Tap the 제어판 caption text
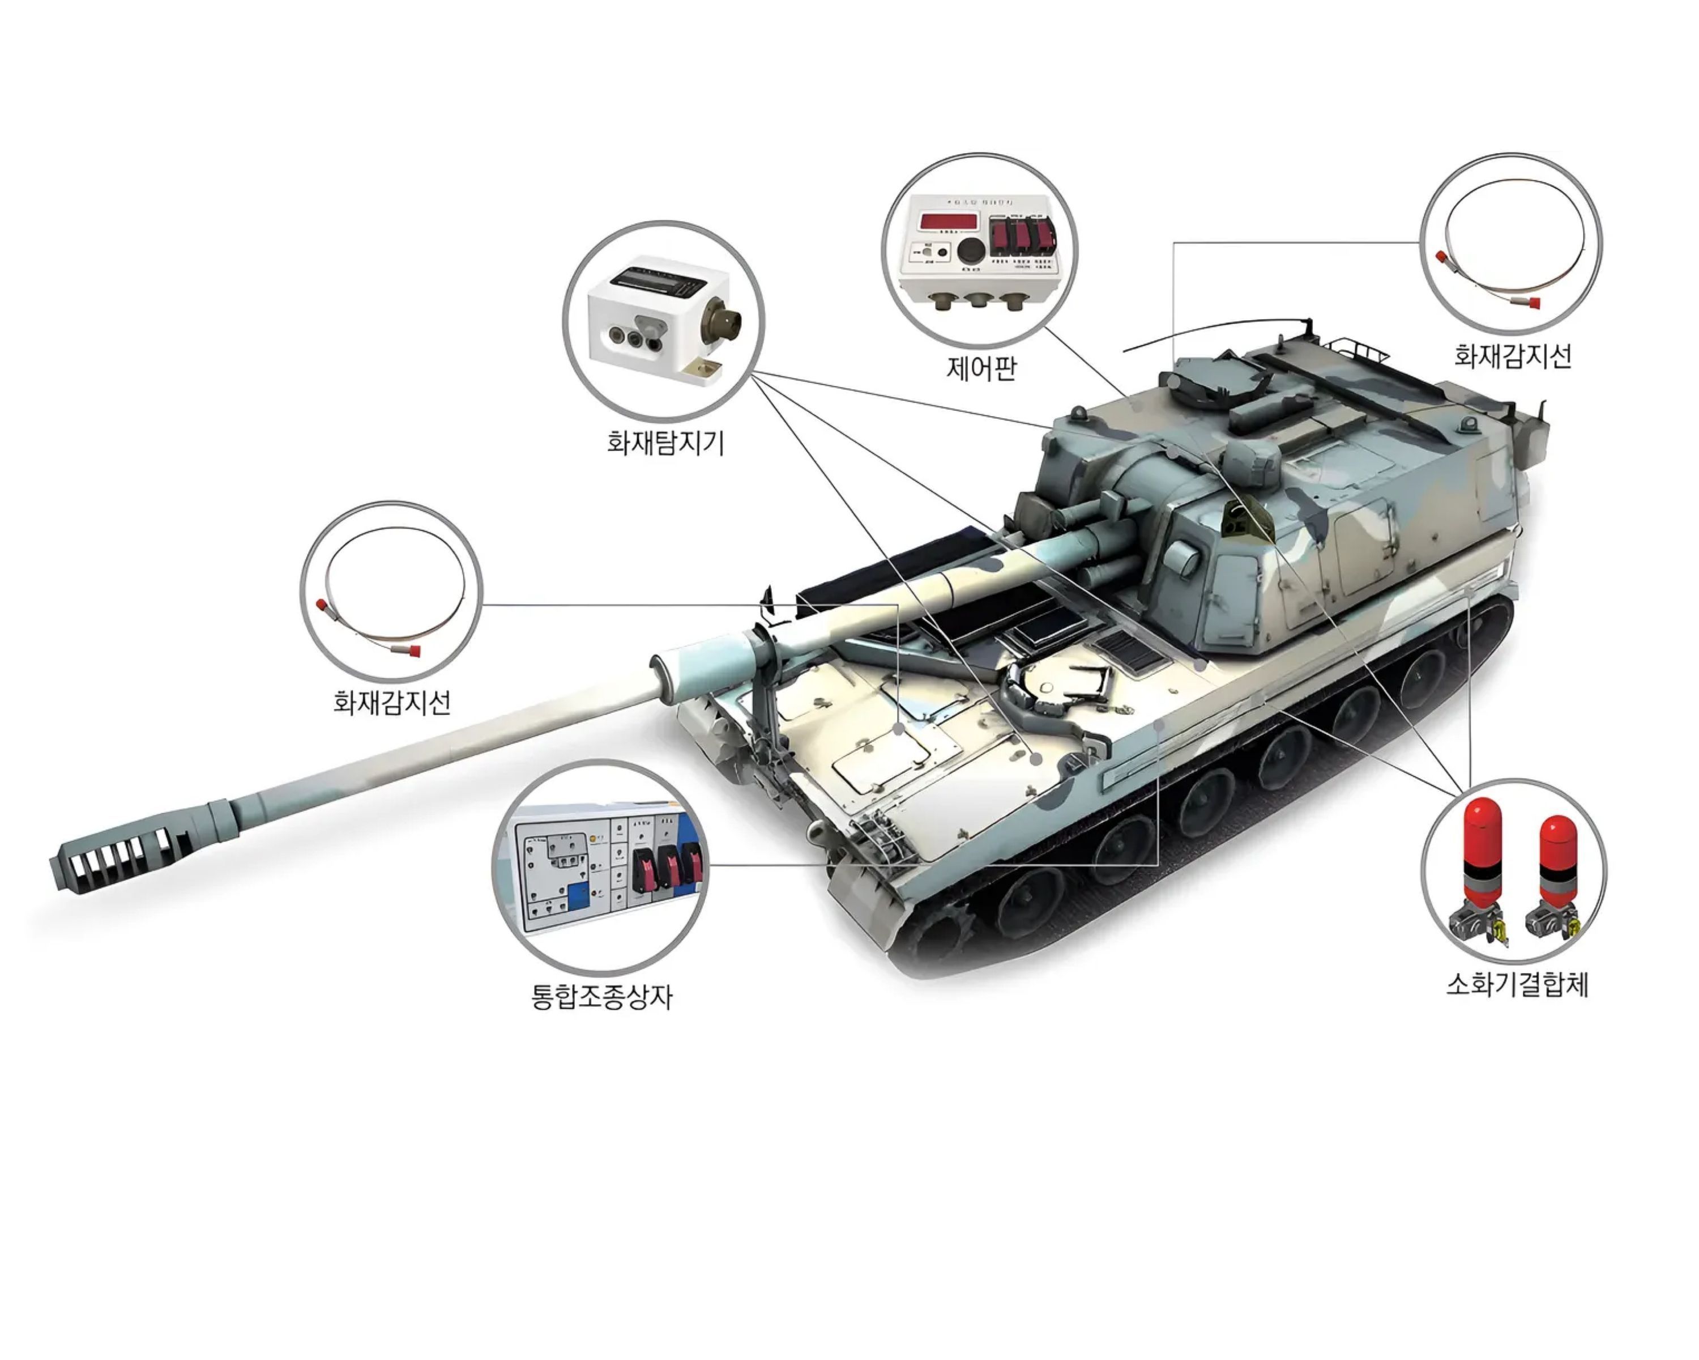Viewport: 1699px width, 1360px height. (x=981, y=368)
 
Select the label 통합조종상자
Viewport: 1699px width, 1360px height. (x=602, y=998)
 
